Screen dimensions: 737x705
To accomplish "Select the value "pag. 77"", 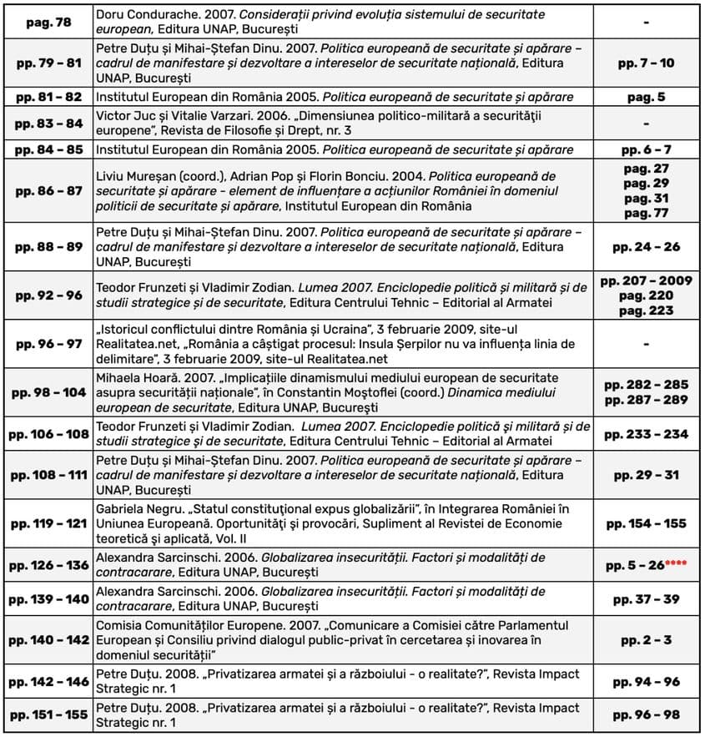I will coord(646,212).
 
